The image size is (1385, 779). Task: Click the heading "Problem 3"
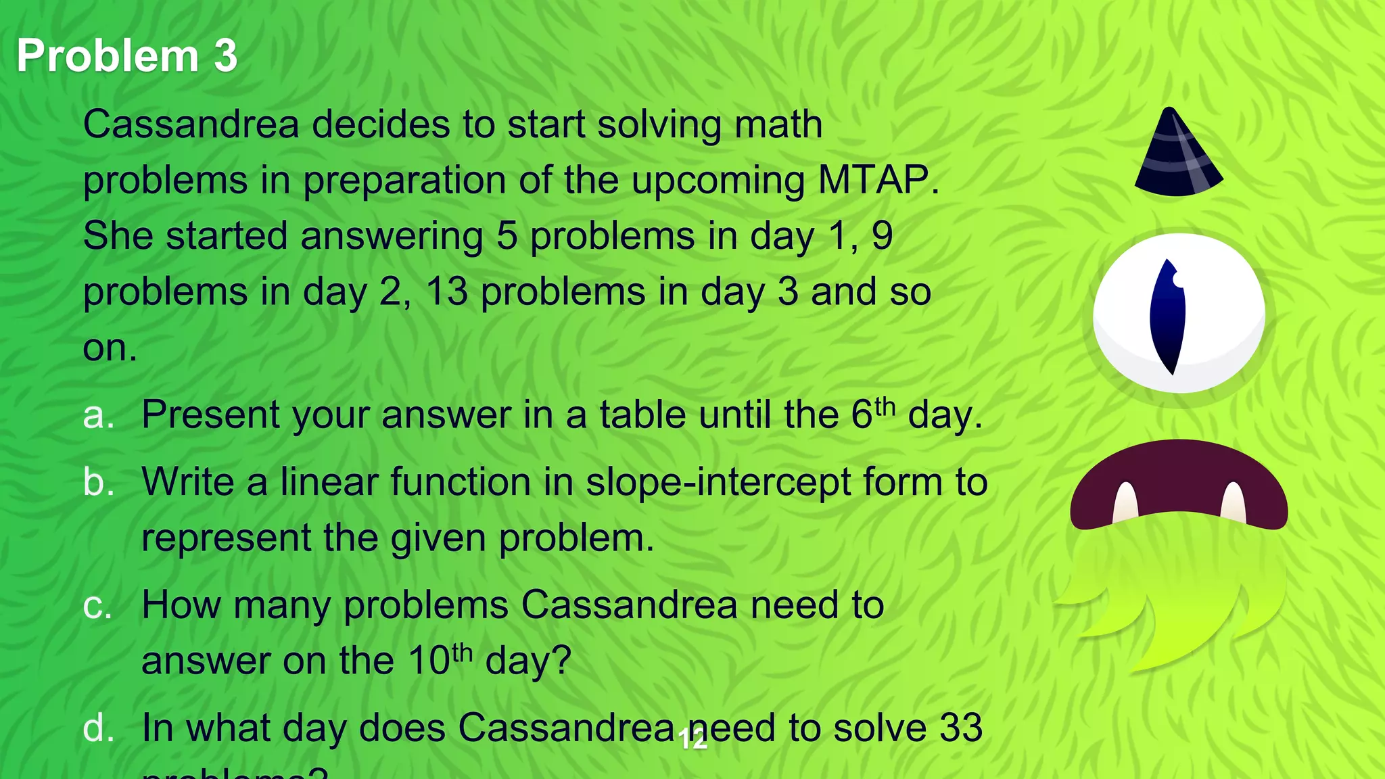[127, 55]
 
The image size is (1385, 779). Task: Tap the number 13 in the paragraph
[447, 292]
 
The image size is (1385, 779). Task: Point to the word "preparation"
[404, 181]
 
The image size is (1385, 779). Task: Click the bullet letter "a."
[99, 415]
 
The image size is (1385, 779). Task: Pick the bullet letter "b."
[99, 483]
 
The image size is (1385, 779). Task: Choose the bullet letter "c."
[98, 605]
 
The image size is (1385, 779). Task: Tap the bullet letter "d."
[99, 729]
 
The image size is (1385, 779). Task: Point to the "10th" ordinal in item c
[440, 659]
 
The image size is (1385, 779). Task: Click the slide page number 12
[693, 740]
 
